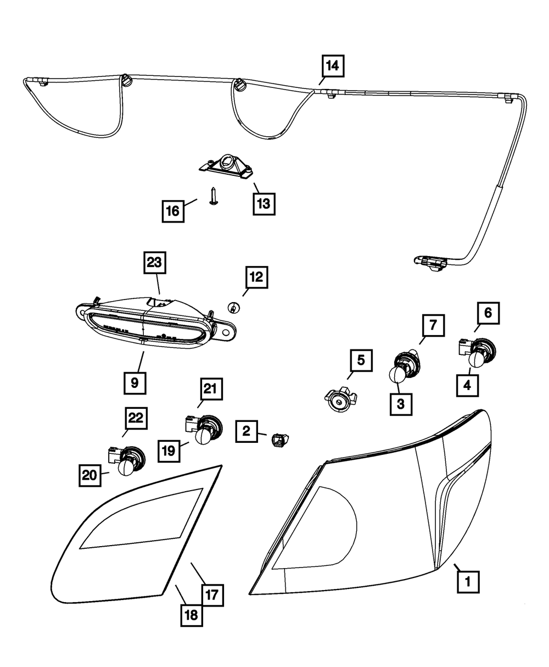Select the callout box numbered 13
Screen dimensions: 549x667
264,204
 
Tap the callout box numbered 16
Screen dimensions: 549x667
173,211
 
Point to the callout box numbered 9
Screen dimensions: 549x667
135,382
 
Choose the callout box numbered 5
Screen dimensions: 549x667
361,361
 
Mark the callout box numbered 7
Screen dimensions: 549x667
433,326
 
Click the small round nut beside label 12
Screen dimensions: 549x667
233,308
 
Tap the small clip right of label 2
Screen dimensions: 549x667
280,440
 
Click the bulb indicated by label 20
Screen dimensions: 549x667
126,468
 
